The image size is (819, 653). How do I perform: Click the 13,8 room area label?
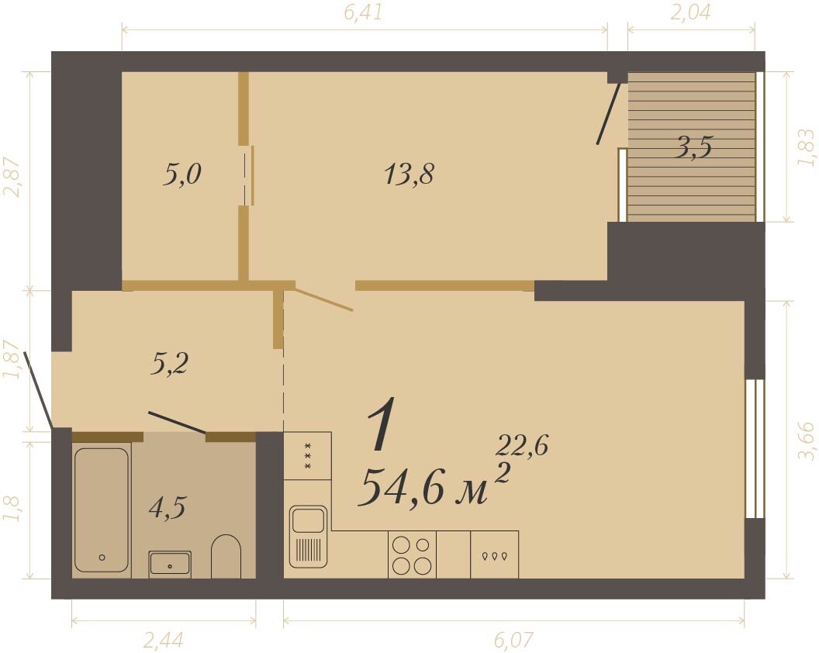(x=409, y=174)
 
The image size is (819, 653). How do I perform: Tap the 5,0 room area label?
(x=181, y=174)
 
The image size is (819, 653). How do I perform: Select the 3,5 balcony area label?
(x=693, y=148)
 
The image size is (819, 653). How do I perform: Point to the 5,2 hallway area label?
(x=169, y=364)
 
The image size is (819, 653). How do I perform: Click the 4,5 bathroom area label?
(x=168, y=507)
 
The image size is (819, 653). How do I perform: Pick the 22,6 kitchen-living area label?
(x=521, y=446)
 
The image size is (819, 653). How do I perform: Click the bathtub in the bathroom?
(x=102, y=510)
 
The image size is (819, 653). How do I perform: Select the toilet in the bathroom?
(x=226, y=556)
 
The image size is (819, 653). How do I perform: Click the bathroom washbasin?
(x=170, y=564)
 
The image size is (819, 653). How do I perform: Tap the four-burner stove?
(x=412, y=555)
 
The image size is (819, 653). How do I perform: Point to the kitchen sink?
(x=308, y=537)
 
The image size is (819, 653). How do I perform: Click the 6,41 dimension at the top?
(x=364, y=12)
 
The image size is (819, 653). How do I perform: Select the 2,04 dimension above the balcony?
(x=690, y=12)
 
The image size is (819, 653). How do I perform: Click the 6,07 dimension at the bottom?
(x=514, y=639)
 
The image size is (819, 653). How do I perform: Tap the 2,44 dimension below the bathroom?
(x=163, y=639)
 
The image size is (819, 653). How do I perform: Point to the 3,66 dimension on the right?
(x=806, y=441)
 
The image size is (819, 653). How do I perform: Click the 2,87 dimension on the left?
(x=12, y=177)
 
